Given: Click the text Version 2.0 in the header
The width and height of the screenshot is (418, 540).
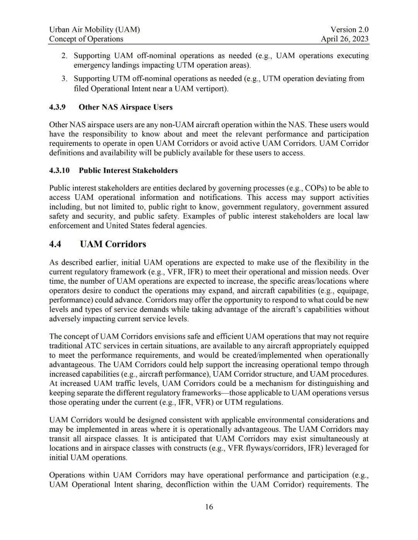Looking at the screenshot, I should tap(349, 29).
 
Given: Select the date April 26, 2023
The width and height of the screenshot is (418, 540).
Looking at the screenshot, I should tap(344, 39).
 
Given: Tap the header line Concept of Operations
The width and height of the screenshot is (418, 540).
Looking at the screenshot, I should tap(86, 39).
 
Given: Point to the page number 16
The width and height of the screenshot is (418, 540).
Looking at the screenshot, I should tap(209, 507).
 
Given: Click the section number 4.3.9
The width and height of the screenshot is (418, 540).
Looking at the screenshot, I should tap(57, 107).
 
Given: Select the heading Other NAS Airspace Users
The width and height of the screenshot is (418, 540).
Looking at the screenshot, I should tap(125, 107).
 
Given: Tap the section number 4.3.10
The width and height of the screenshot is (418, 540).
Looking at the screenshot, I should tap(59, 170).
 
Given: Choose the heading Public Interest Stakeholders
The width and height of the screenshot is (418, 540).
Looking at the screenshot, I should tap(128, 170).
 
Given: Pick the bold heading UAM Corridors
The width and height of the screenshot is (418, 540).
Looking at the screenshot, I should tap(113, 244).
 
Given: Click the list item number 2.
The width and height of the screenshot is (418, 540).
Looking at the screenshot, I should tap(64, 56).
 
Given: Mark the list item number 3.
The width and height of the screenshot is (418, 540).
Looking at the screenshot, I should tap(64, 79).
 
